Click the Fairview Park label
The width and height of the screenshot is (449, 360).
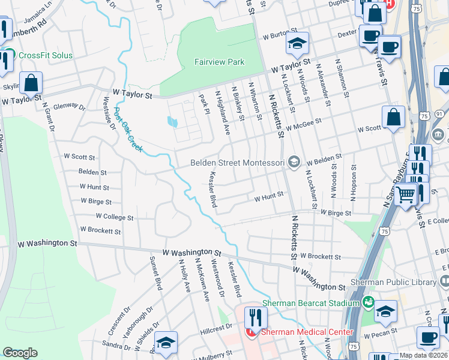[219, 62]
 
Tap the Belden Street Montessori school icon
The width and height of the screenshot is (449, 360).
[294, 162]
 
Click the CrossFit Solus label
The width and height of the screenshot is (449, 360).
[46, 56]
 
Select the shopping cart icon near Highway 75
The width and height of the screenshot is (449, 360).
[406, 194]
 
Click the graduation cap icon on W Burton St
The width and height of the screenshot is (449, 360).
[297, 43]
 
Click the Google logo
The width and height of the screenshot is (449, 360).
[20, 353]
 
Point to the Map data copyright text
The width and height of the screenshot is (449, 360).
[424, 355]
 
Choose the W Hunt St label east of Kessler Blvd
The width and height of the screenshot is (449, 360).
[268, 197]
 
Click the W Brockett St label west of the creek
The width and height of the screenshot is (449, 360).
[100, 231]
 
